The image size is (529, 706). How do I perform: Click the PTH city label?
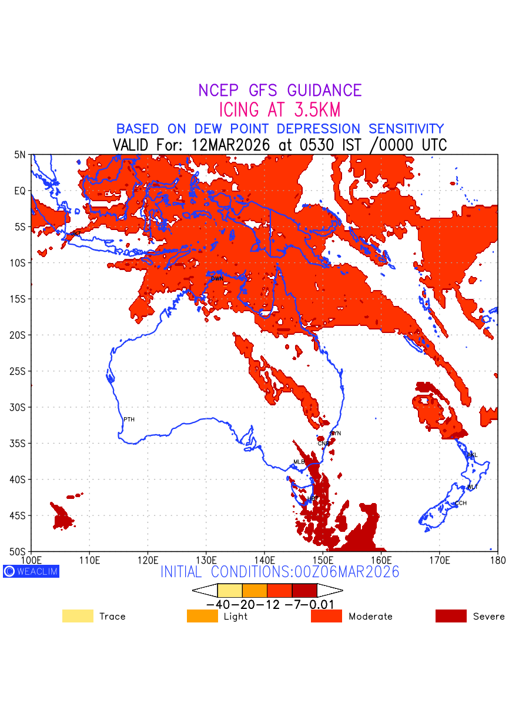click(129, 419)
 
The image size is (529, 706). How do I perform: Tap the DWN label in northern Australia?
click(217, 278)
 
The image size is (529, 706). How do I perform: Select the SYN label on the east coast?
click(336, 434)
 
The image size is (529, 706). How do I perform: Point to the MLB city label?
click(299, 462)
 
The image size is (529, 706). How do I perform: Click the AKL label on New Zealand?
click(472, 455)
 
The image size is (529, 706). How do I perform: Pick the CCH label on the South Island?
click(461, 504)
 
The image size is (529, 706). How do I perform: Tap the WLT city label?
click(473, 487)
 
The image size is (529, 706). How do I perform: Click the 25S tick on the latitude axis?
click(19, 371)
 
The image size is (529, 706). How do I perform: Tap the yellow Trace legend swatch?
click(78, 616)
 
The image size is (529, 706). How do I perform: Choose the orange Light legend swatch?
click(202, 616)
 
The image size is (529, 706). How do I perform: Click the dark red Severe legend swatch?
click(451, 616)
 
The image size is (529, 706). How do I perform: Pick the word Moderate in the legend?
click(370, 617)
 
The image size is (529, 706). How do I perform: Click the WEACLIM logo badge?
click(31, 571)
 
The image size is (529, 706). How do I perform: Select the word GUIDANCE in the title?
click(324, 91)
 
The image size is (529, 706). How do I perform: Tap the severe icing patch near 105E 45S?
click(62, 519)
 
